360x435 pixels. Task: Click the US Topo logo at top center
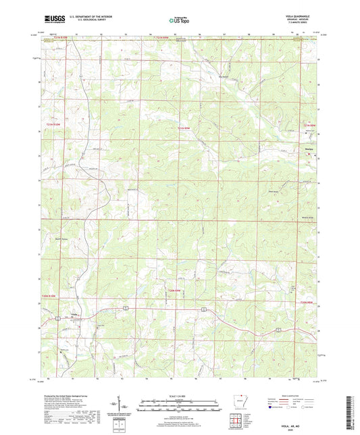pyautogui.click(x=178, y=21)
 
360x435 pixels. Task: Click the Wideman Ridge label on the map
pyautogui.click(x=308, y=217)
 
